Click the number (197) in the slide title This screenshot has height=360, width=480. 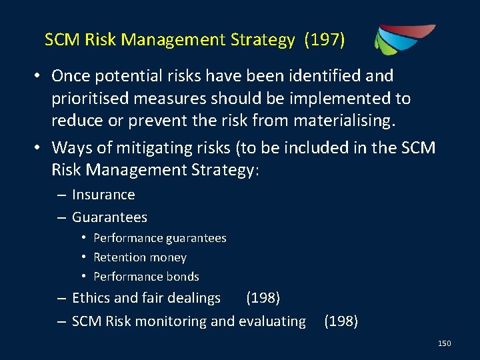[x=325, y=41]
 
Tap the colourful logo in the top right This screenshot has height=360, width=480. [x=404, y=39]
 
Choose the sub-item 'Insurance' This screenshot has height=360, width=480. [x=103, y=195]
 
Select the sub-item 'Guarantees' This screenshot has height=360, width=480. [x=109, y=217]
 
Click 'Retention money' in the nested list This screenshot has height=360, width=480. [x=140, y=257]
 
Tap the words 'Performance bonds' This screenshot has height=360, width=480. [x=146, y=277]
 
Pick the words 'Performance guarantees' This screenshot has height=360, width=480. [x=160, y=238]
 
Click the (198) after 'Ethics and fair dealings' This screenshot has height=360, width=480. [x=263, y=297]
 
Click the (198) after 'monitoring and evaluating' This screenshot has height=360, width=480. [x=341, y=321]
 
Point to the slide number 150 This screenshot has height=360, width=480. [x=444, y=343]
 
